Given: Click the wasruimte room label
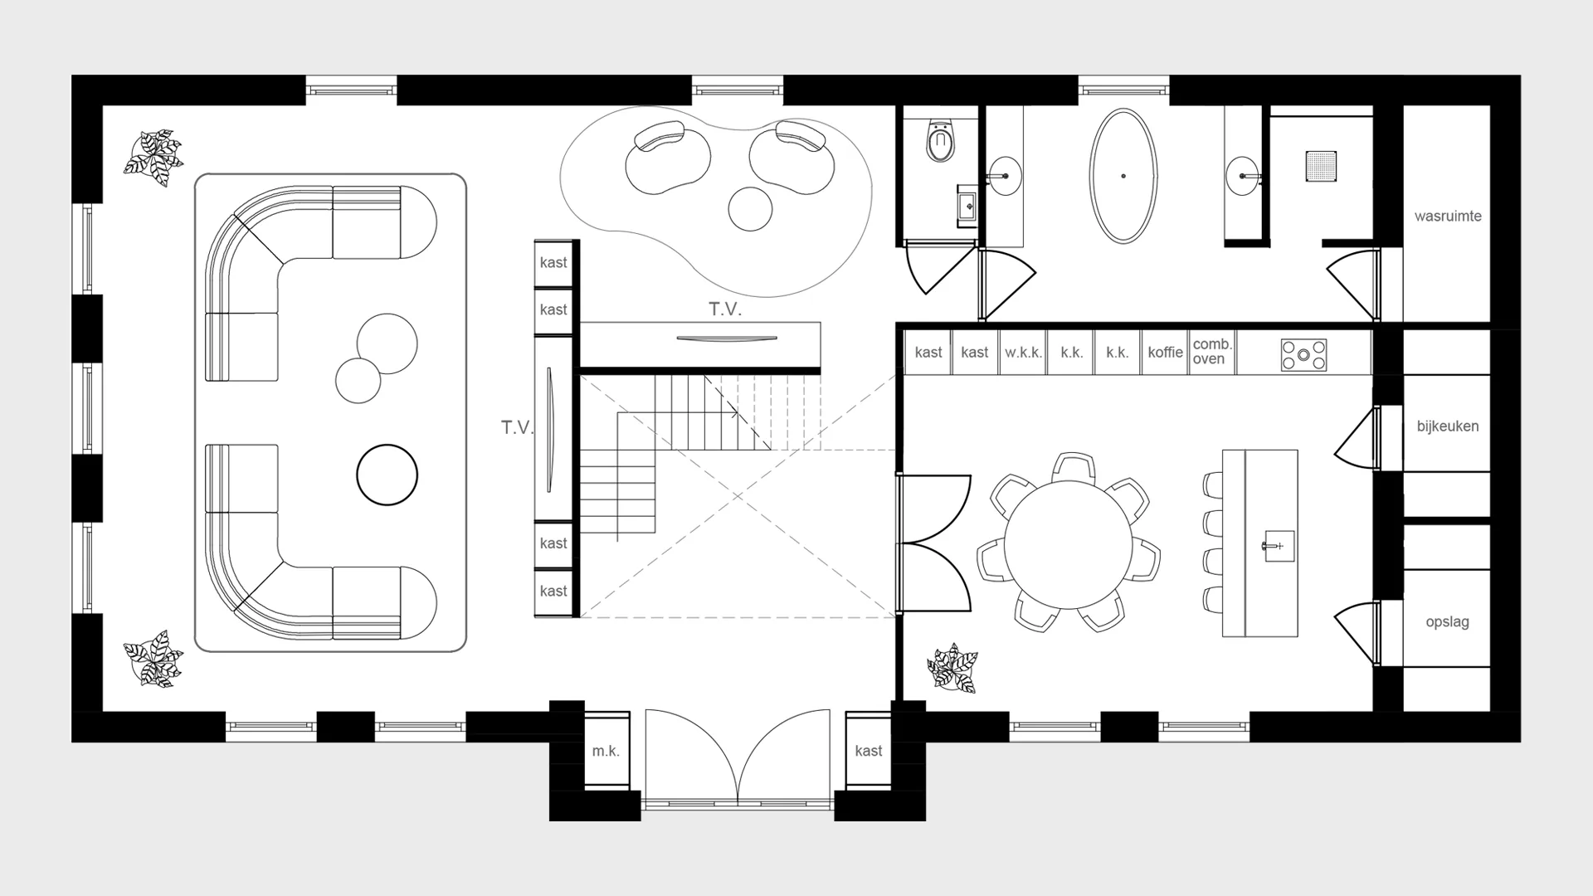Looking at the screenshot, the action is tap(1448, 217).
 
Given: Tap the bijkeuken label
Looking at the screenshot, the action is tap(1448, 426).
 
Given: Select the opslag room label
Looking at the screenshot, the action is tap(1448, 621).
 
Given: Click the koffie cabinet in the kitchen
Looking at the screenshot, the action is tap(1165, 353).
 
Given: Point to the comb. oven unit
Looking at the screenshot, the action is tap(1212, 353).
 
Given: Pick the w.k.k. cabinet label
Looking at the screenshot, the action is tap(1023, 353).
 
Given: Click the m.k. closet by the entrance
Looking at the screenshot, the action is tap(606, 751).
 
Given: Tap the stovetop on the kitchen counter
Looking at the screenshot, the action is tap(1303, 354).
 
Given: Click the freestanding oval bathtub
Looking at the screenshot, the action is tap(1123, 176).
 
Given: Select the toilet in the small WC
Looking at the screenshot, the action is tap(940, 140).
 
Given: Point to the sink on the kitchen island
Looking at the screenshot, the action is tap(1279, 546).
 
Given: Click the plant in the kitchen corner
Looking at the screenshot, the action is tap(952, 668).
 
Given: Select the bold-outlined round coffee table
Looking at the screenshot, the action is tap(387, 475).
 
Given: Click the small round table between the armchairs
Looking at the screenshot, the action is tap(751, 209).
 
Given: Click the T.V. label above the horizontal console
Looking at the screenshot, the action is tap(725, 309).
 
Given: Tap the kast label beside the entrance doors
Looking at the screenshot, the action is tap(869, 751).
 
